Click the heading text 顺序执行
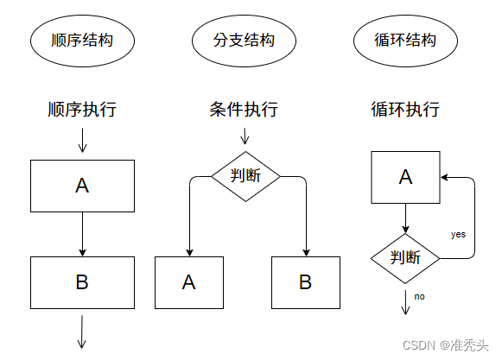point(82,109)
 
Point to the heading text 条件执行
point(244,109)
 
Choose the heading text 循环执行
point(405,109)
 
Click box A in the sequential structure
point(82,186)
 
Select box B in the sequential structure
point(82,282)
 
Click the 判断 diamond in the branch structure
point(245,176)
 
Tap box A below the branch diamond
point(189,282)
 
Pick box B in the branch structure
point(306,282)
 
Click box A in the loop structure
point(405,177)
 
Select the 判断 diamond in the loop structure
point(405,258)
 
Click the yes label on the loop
point(458,235)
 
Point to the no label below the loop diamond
point(419,297)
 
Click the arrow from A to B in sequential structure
point(82,234)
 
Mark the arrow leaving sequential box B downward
point(82,332)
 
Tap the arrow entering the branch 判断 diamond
point(245,136)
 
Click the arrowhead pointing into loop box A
point(444,177)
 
